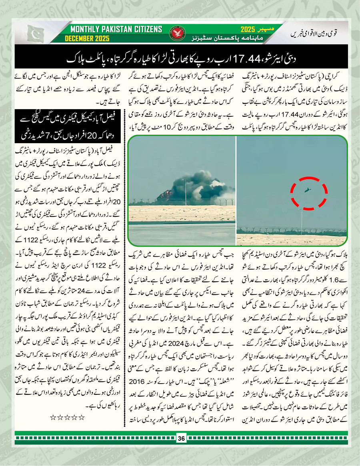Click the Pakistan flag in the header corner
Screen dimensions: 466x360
tap(36, 34)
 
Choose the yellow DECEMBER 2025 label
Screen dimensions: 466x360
tap(88, 39)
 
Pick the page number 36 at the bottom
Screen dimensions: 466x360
tap(180, 448)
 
